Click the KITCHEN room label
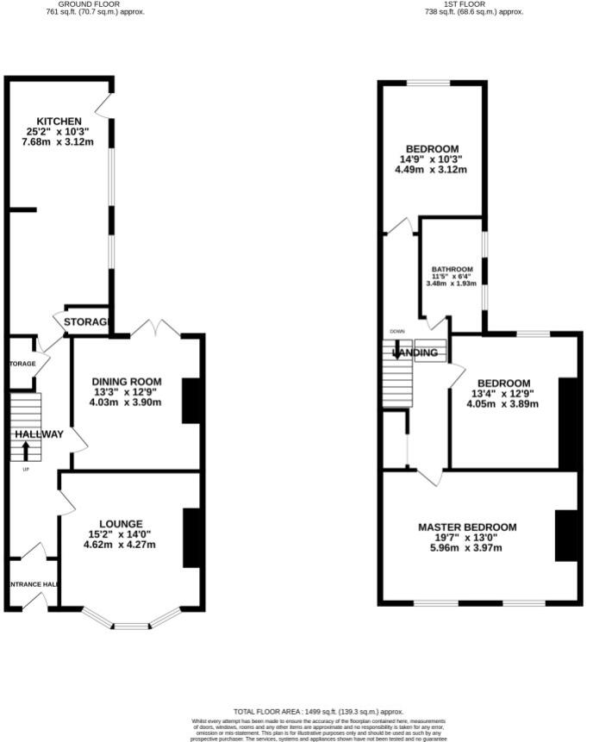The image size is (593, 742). tap(59, 121)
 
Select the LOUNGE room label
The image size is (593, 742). tap(121, 523)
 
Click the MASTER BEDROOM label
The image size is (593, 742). tap(467, 527)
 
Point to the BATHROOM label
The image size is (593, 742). tap(453, 268)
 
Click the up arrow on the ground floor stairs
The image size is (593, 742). tap(25, 450)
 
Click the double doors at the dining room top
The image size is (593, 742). tap(155, 328)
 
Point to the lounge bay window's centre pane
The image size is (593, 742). tap(132, 627)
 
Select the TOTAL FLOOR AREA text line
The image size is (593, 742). tap(319, 712)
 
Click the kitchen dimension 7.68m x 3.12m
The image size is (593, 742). tap(59, 142)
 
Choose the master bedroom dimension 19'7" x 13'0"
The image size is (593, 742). tap(467, 539)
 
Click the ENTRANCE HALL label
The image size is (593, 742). tap(31, 585)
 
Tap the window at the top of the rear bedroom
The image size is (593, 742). tap(428, 83)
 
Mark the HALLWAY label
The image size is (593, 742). tap(38, 434)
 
